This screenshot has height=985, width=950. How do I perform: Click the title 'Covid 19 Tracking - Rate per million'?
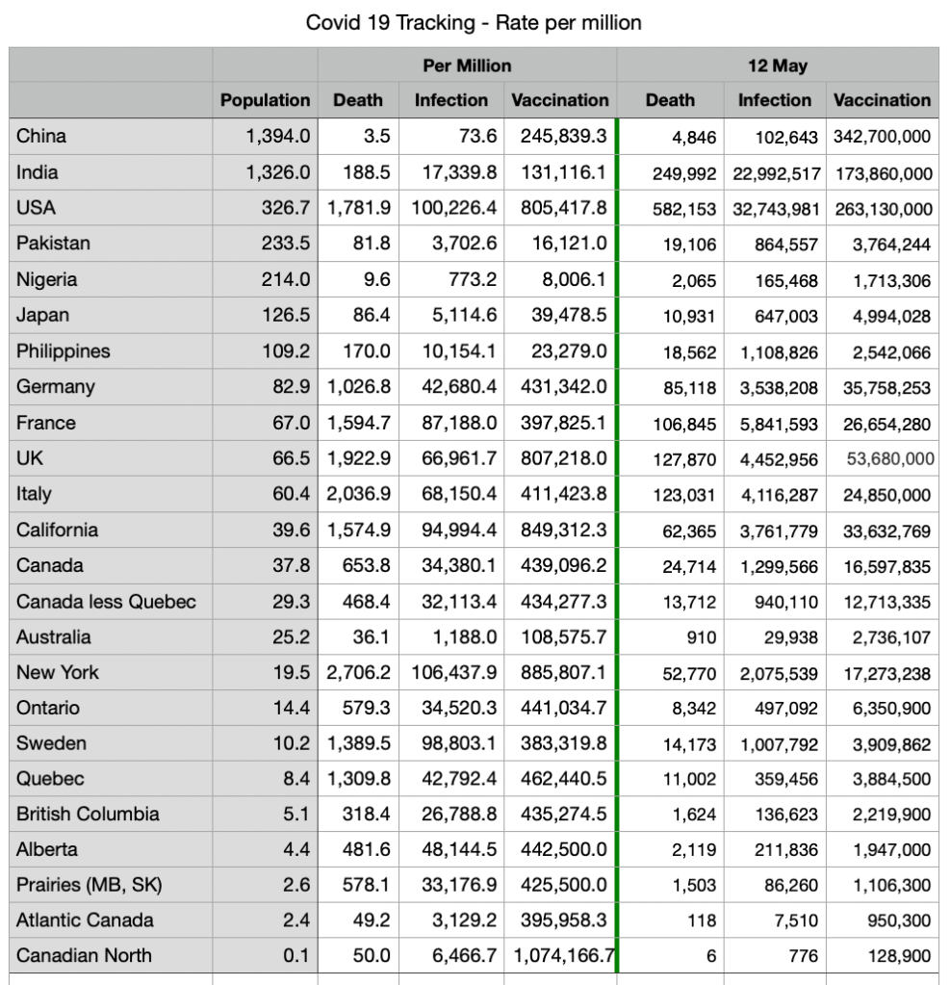(x=474, y=22)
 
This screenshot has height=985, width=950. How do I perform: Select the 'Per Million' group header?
(x=467, y=65)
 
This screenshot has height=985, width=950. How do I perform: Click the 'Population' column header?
(x=265, y=100)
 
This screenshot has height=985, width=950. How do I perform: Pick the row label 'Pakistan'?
(x=53, y=244)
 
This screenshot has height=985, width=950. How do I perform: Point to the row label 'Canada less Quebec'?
(x=106, y=602)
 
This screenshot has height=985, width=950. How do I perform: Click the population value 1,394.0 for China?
(x=278, y=137)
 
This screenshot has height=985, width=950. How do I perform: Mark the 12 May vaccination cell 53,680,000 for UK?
(x=890, y=459)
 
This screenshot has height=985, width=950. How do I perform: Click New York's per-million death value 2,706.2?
(x=358, y=673)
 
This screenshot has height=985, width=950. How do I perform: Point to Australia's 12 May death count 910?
(x=701, y=637)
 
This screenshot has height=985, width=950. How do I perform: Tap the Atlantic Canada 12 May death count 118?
(x=701, y=920)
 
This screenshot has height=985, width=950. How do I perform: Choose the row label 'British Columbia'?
(x=88, y=814)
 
